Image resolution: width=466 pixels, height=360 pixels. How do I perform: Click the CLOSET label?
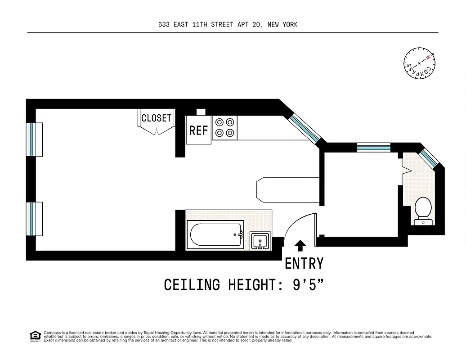[x=156, y=118]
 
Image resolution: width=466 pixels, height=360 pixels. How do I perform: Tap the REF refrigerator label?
[x=198, y=130]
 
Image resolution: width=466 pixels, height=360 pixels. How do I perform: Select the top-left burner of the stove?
[x=220, y=122]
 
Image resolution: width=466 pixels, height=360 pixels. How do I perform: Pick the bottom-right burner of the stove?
[x=230, y=132]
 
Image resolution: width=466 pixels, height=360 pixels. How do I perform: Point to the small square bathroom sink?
[x=260, y=241]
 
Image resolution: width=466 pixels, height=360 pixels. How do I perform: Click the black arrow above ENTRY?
[x=300, y=246]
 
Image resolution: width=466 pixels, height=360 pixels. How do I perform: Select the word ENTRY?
[x=304, y=263]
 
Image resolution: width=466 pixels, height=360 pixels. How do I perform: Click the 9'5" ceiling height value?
[x=308, y=285]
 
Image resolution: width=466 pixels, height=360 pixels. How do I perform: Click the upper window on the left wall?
[x=32, y=139]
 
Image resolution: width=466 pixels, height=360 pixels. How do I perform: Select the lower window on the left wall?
[x=32, y=219]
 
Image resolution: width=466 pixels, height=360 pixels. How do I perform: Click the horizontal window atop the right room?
[x=373, y=146]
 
